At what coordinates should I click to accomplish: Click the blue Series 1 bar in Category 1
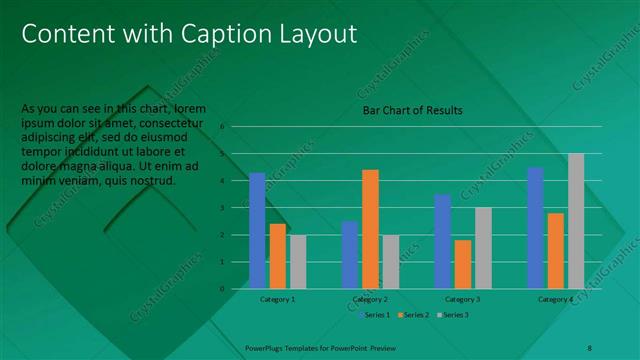(257, 231)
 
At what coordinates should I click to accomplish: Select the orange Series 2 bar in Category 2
(370, 229)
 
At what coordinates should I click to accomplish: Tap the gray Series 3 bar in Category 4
(576, 221)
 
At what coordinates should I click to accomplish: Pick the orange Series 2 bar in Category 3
(462, 264)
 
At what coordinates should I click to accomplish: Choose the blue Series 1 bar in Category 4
(535, 228)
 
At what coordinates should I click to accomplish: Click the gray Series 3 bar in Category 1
(298, 262)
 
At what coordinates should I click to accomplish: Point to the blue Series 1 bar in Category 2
(350, 255)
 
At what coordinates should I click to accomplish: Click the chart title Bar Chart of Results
(412, 110)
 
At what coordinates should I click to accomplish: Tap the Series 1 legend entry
(376, 315)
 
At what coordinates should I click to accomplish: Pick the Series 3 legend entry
(453, 315)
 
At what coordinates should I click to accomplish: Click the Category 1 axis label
(277, 299)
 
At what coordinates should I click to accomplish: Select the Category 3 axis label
(462, 299)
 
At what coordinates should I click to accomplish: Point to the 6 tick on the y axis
(237, 126)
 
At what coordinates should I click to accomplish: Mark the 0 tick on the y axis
(237, 289)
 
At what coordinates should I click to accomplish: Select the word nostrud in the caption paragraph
(153, 181)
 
